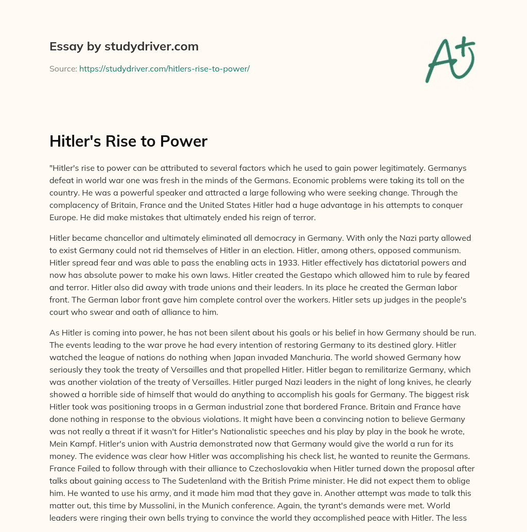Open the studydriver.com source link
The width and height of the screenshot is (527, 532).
164,68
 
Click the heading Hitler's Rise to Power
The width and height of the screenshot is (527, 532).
128,141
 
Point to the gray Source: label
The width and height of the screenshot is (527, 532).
63,68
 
